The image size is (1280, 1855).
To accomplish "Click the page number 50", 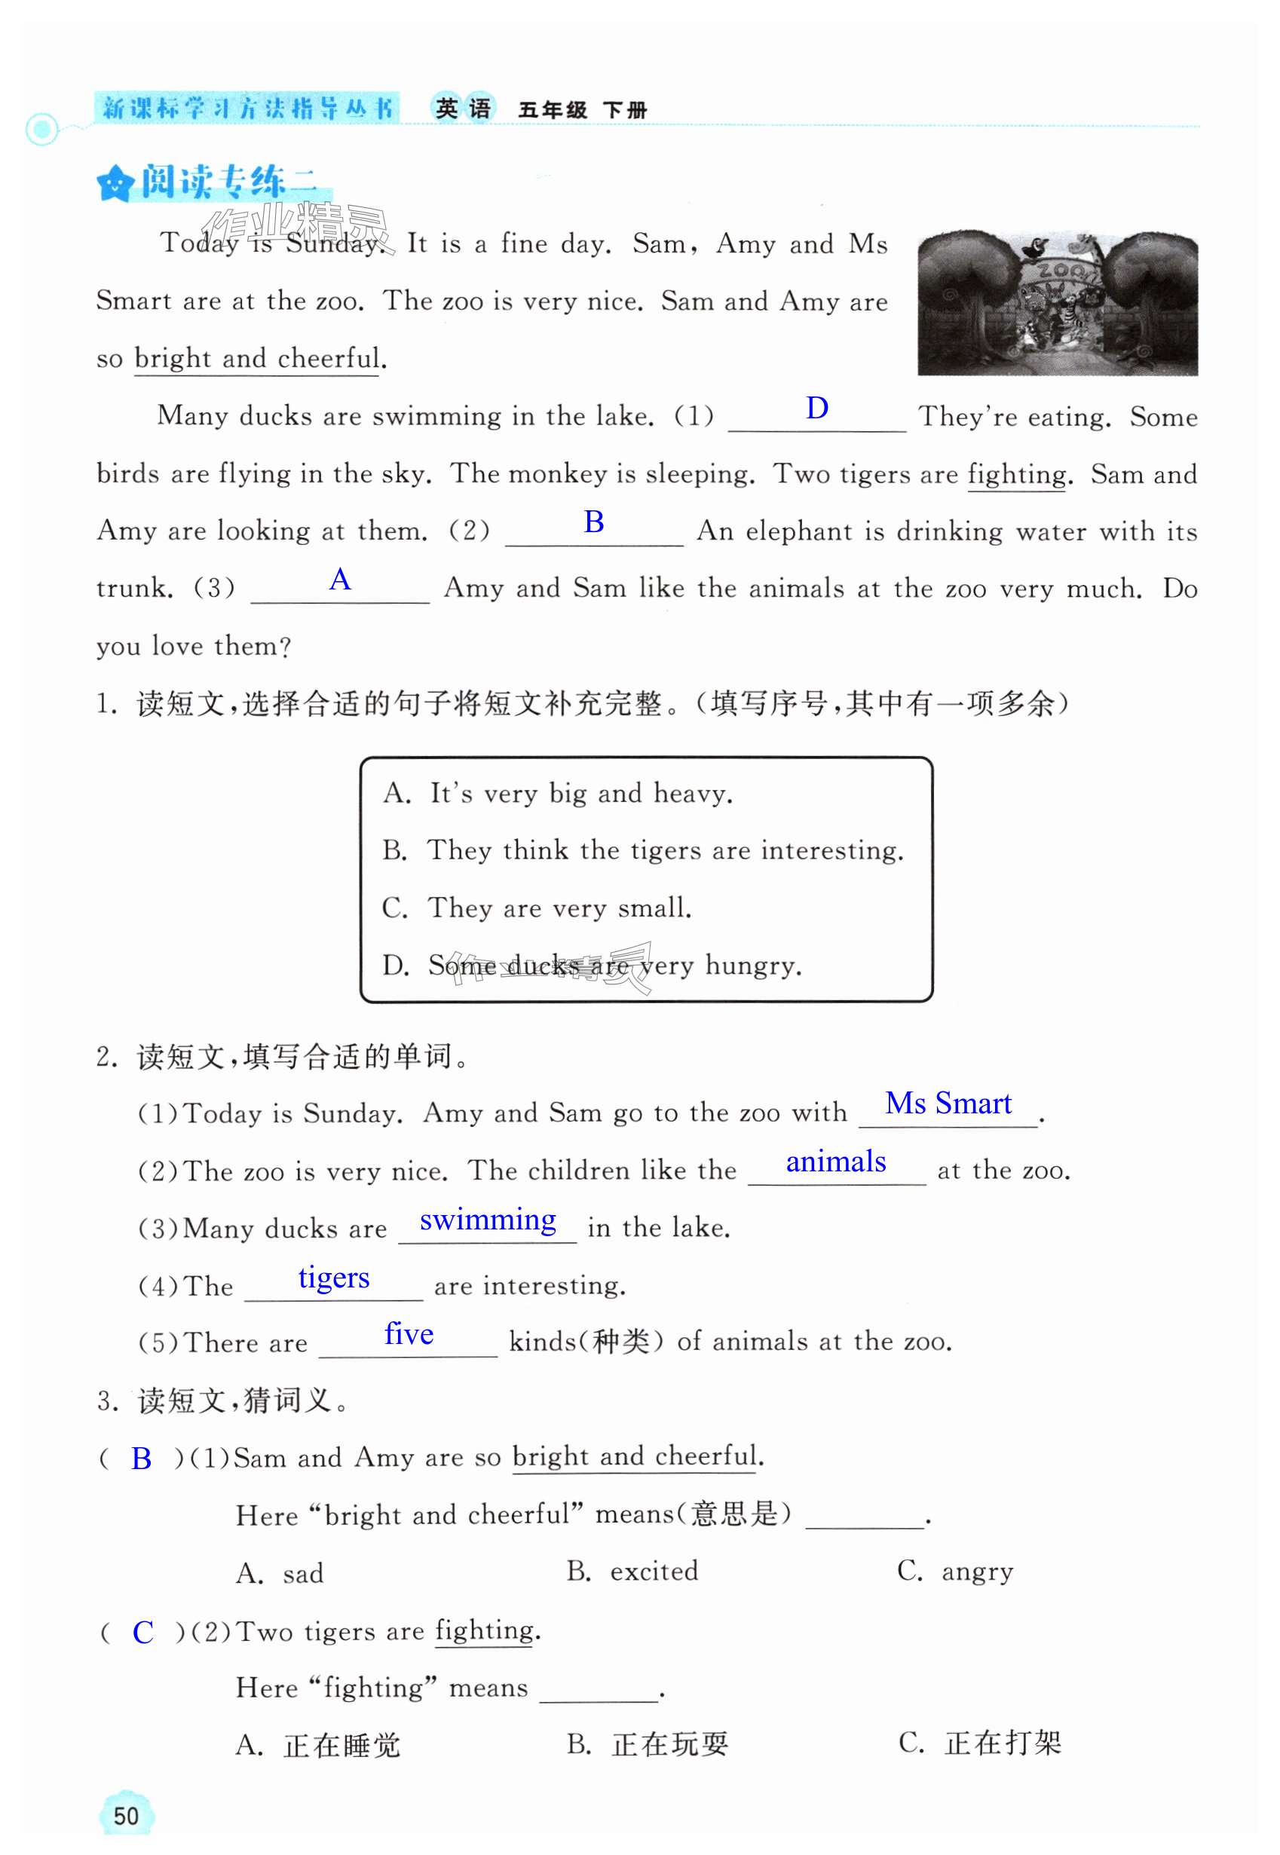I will pos(126,1816).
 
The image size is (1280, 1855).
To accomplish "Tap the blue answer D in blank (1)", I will pos(816,409).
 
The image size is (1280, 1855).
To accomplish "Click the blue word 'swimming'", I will pos(488,1220).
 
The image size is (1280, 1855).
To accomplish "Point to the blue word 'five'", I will pos(409,1334).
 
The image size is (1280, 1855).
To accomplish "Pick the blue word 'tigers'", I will pos(334,1278).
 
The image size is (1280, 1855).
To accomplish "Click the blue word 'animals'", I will pos(836,1162).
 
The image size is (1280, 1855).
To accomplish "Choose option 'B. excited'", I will pos(632,1571).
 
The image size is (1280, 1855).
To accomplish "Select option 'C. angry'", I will pos(954,1571).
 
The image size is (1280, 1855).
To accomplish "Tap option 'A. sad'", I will pos(280,1574).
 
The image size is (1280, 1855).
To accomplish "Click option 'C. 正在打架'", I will pos(979,1743).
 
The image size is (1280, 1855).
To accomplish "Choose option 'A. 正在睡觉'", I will pos(317,1745).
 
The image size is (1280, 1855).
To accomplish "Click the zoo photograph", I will pos(1057,305).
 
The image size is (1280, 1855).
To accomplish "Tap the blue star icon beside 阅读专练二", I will pos(114,185).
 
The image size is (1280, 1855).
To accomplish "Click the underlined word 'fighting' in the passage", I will pos(1017,475).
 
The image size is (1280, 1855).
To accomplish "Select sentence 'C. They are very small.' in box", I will pos(537,908).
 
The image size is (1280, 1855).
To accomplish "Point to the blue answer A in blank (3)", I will pos(340,579).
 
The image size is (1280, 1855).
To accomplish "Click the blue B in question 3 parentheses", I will pos(141,1459).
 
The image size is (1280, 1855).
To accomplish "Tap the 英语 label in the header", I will pos(463,109).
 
